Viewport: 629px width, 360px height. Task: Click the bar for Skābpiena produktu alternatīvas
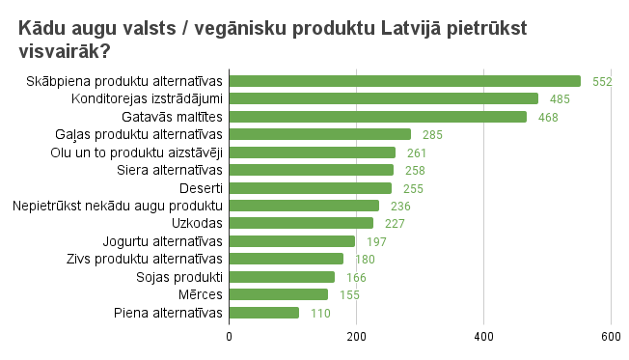click(404, 81)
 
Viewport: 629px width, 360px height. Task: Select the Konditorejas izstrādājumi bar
click(383, 98)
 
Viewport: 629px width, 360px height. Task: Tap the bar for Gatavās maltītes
click(377, 117)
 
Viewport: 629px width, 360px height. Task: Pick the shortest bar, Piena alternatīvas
click(263, 313)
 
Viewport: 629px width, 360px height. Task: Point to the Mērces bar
click(278, 294)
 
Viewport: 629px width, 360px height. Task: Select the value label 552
click(602, 82)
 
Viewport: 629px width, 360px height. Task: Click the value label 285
click(432, 135)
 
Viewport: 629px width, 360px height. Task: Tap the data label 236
click(400, 206)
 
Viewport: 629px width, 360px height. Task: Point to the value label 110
click(320, 314)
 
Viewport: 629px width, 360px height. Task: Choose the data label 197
click(376, 241)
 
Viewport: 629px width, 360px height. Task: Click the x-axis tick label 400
click(483, 336)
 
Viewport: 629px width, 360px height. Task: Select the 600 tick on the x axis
click(610, 336)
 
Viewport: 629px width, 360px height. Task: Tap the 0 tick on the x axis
click(229, 336)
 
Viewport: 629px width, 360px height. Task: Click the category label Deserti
click(202, 187)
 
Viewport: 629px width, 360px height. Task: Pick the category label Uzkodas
click(198, 223)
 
